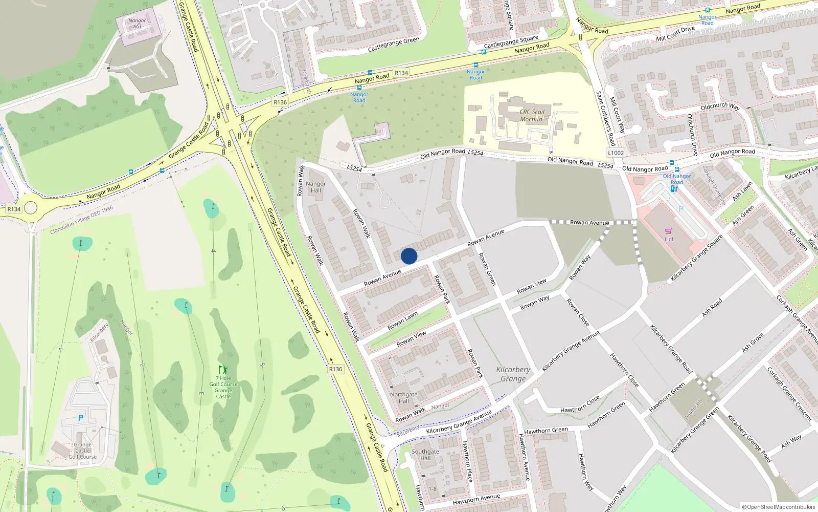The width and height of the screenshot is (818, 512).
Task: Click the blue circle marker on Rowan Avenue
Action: [409, 256]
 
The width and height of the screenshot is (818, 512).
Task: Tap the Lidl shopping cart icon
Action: [668, 231]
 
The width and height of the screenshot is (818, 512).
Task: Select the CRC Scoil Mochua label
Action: [532, 115]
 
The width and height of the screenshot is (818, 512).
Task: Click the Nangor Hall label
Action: [315, 187]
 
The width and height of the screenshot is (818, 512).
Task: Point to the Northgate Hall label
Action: [403, 397]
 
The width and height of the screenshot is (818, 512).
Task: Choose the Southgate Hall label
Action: [425, 455]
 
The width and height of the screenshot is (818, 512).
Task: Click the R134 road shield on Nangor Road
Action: [401, 73]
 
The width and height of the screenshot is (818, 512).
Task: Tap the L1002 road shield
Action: [616, 153]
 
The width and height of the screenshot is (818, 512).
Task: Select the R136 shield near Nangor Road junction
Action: [280, 102]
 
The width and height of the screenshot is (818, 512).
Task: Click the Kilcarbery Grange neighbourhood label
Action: [513, 374]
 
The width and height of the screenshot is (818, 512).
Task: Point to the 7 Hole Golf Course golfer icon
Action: [223, 369]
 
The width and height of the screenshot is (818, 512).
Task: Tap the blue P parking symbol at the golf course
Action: [81, 418]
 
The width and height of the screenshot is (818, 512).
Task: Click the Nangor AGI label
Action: [137, 24]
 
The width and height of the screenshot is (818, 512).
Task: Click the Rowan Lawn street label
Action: [402, 321]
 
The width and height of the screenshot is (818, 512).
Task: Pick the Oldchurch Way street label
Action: [720, 106]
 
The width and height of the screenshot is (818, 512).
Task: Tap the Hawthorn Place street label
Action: [467, 461]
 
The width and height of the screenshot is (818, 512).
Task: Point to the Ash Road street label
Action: [712, 308]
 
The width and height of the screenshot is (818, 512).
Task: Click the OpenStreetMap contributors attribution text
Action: [778, 507]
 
